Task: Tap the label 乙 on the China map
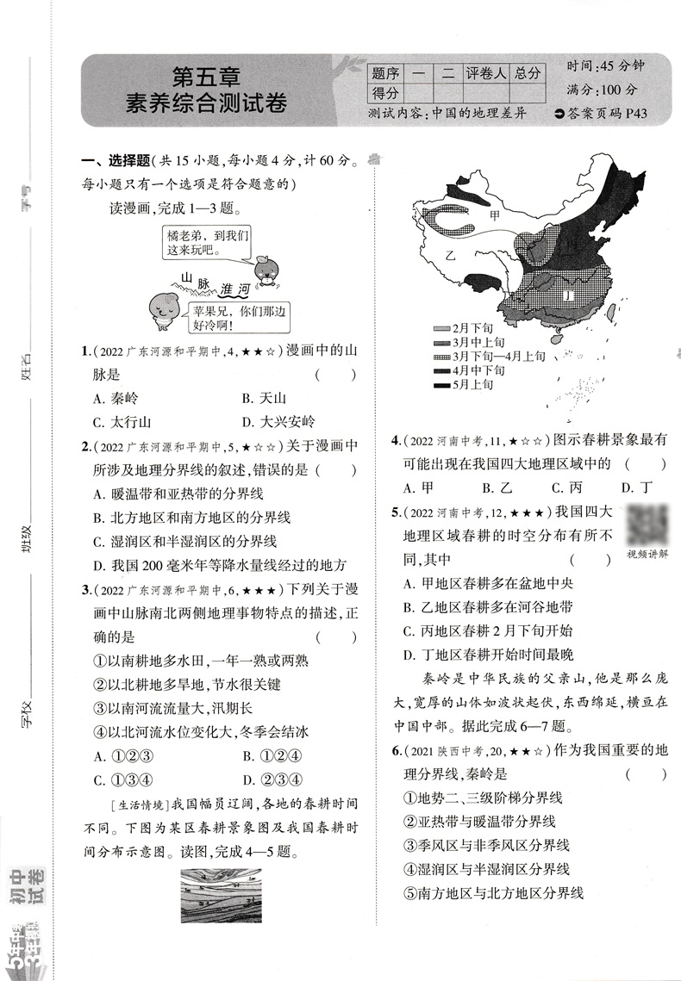pyautogui.click(x=449, y=256)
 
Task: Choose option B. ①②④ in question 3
pyautogui.click(x=271, y=756)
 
